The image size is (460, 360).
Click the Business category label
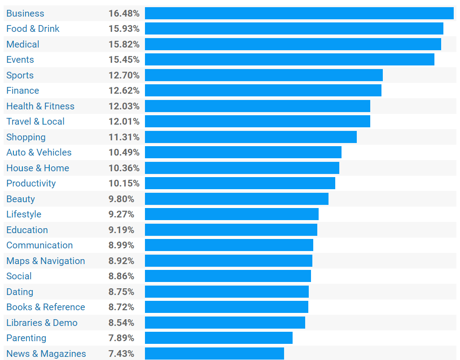click(25, 13)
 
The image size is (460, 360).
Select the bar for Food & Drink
click(294, 29)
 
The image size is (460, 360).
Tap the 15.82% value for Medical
click(124, 44)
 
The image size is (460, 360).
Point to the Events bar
click(289, 60)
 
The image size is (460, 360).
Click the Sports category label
click(20, 75)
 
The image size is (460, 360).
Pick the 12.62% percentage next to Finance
click(124, 91)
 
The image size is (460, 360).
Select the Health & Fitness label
click(40, 106)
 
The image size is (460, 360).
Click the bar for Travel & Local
click(257, 121)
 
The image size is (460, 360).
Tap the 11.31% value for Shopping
click(124, 137)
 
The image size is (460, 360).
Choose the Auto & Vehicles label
click(39, 152)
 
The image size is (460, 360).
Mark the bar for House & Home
click(242, 168)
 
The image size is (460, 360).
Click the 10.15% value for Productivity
click(124, 183)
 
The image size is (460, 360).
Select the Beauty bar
click(237, 199)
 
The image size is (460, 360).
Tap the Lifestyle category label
click(24, 214)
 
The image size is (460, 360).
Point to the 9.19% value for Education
click(121, 230)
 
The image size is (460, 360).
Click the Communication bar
click(229, 245)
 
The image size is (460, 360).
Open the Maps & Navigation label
click(45, 261)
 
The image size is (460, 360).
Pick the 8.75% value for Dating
click(121, 292)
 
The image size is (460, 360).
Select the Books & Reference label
click(45, 307)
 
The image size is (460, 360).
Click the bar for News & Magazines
click(214, 354)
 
